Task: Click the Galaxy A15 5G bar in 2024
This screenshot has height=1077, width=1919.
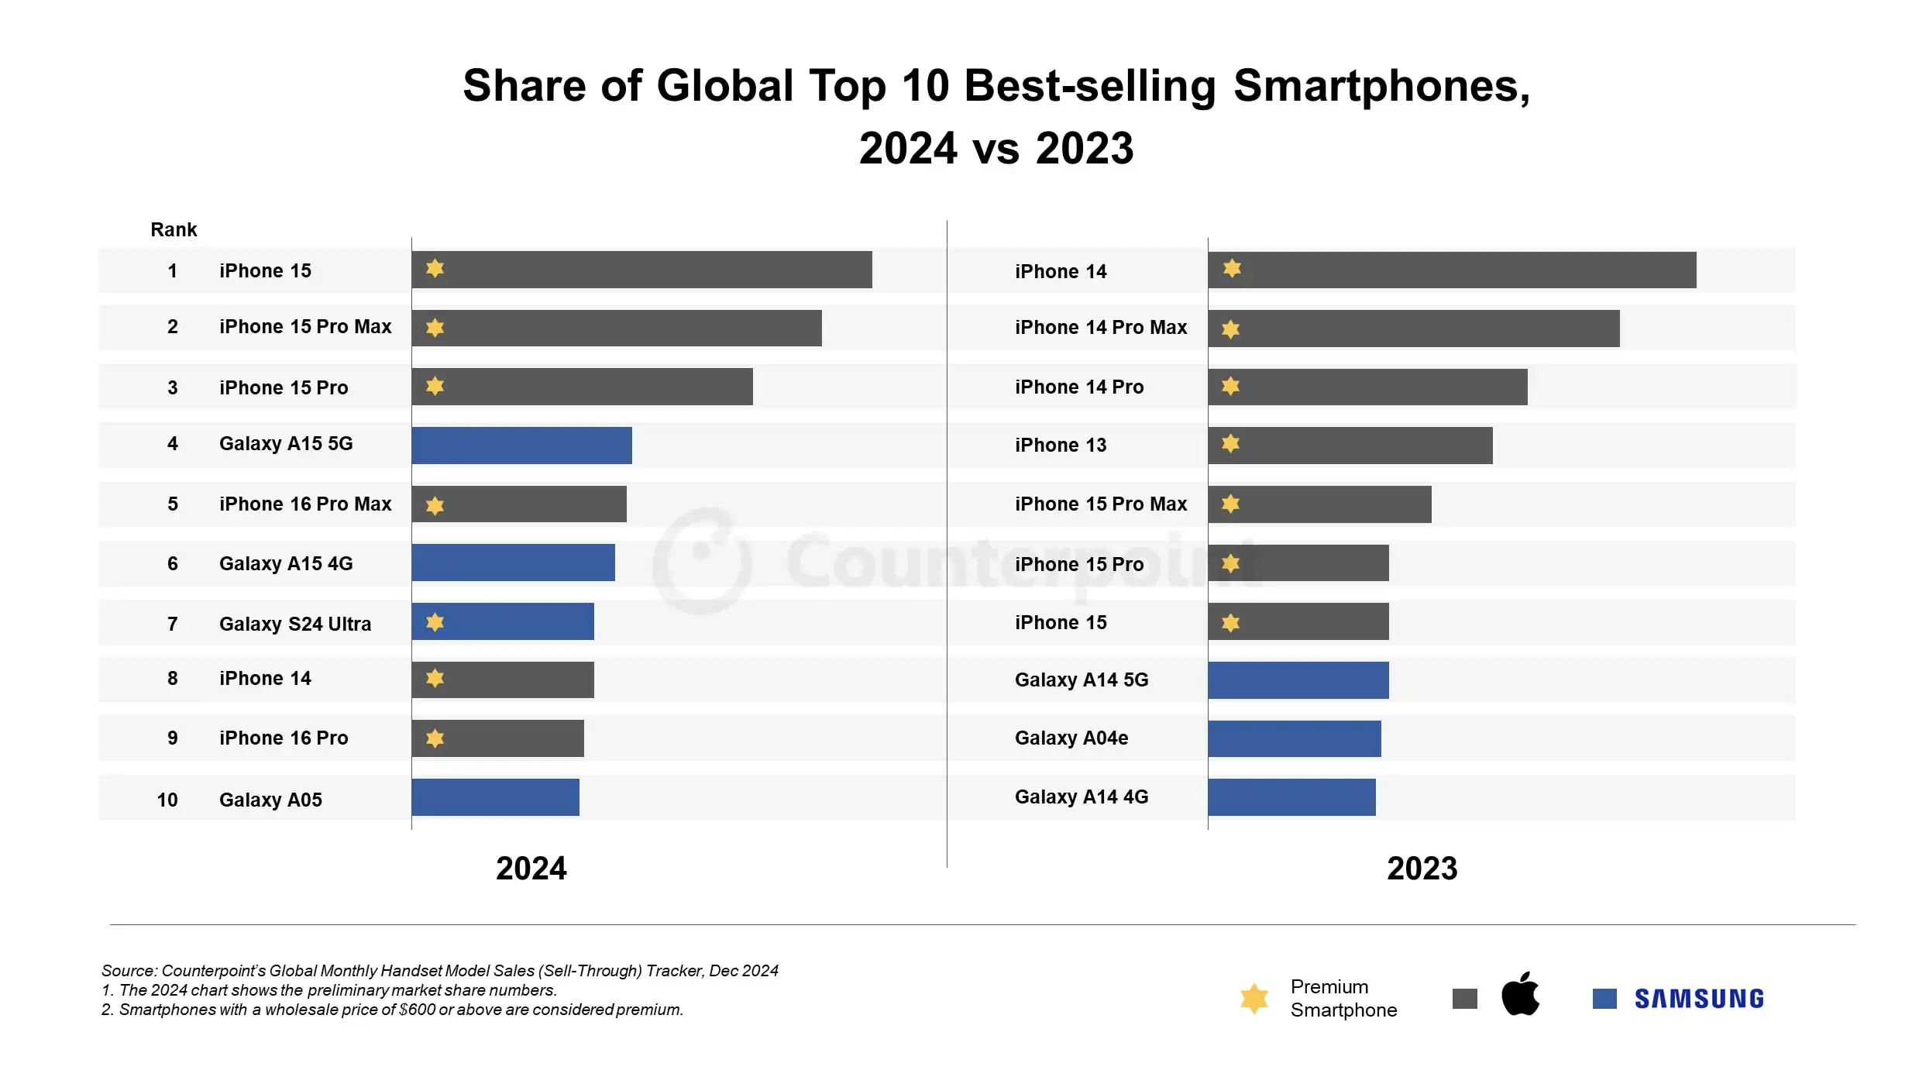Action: (x=521, y=446)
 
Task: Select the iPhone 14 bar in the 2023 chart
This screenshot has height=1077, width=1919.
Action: (x=1452, y=270)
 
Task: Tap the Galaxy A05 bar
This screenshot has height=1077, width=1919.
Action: (x=495, y=797)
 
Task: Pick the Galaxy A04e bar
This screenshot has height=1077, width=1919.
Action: (x=1294, y=738)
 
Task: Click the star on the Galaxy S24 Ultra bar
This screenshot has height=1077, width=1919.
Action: (x=435, y=622)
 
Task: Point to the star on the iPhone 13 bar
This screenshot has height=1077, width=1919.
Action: (x=1230, y=444)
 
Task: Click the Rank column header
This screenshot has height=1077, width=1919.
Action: (x=174, y=230)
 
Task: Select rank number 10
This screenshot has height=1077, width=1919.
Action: (x=167, y=800)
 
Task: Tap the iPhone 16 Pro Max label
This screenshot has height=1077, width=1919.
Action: (x=305, y=504)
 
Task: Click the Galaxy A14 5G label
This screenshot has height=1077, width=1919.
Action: (x=1082, y=680)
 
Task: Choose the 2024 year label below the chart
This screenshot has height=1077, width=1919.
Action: (x=531, y=869)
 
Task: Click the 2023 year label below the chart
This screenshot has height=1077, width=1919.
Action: (x=1422, y=869)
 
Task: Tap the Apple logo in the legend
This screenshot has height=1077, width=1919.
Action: (x=1520, y=995)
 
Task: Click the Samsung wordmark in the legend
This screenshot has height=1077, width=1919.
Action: (x=1699, y=1000)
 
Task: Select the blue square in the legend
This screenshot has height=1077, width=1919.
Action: (x=1604, y=999)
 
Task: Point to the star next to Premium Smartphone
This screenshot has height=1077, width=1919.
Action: (x=1254, y=999)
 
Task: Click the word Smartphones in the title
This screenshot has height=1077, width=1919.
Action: (x=1381, y=86)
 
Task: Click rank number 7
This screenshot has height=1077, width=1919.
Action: (x=173, y=624)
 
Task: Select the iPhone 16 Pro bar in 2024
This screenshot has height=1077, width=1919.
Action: (x=497, y=738)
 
